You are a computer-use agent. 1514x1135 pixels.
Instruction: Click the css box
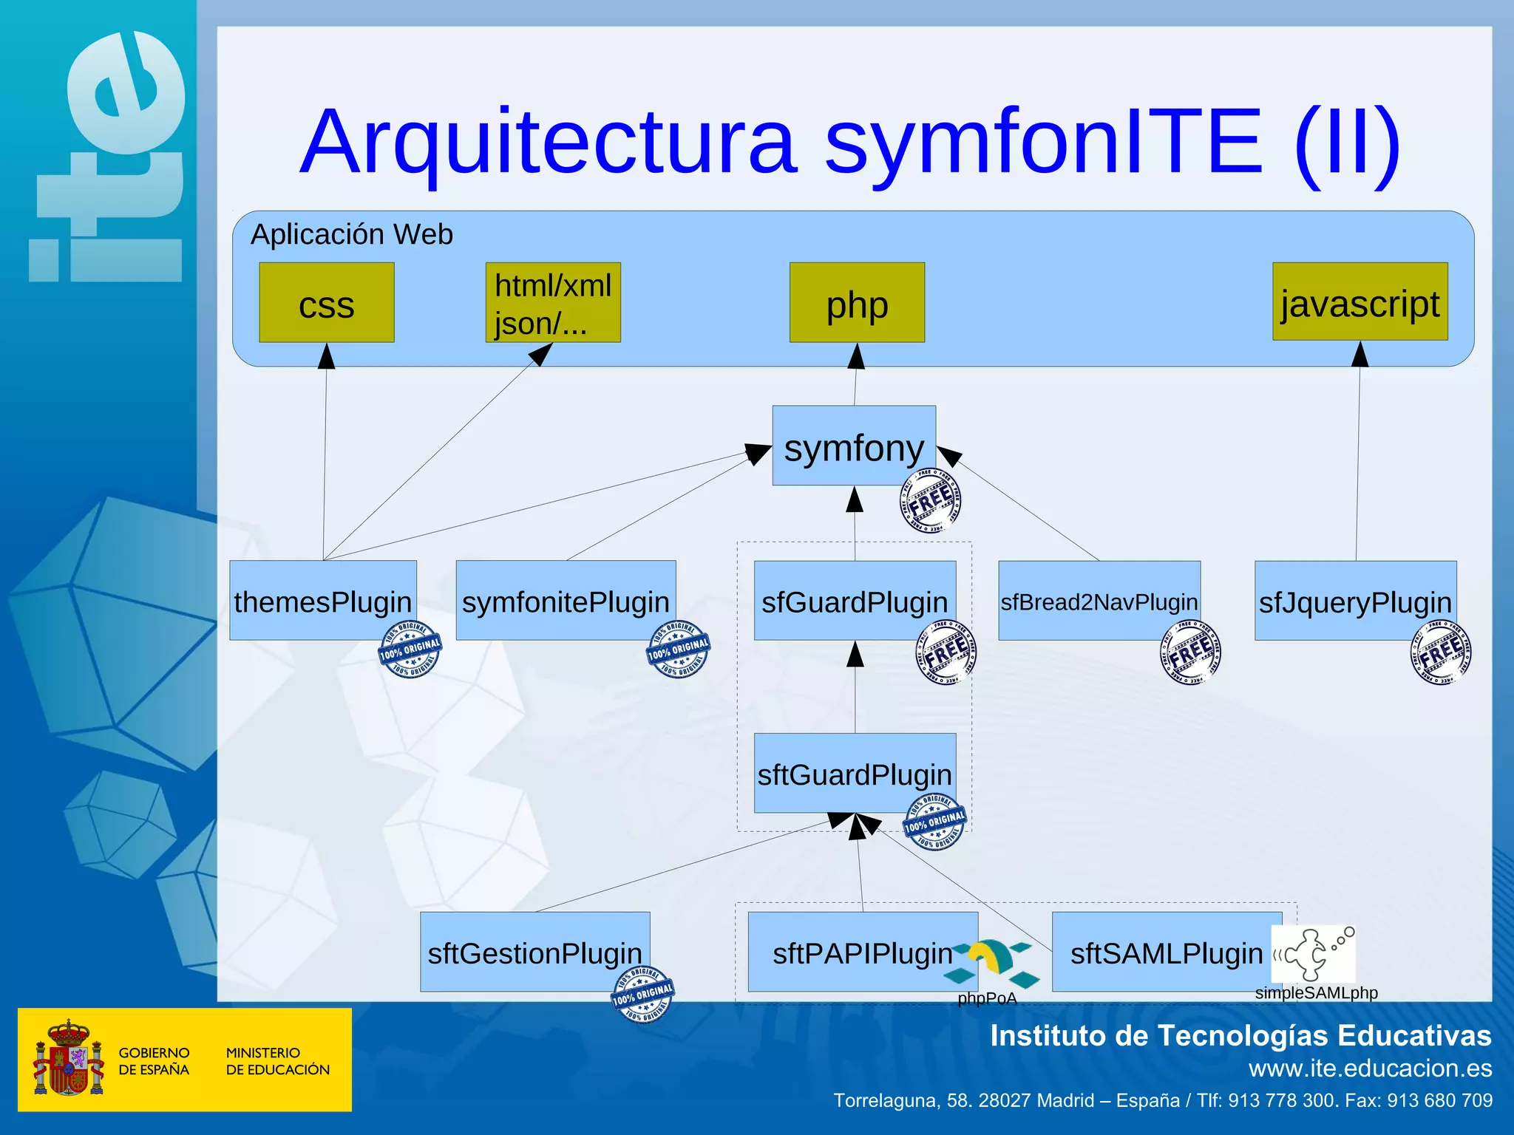(x=326, y=303)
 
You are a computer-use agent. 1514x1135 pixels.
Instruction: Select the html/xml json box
(x=552, y=303)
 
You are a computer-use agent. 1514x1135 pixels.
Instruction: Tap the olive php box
(x=856, y=303)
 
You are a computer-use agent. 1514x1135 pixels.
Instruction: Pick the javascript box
(x=1359, y=301)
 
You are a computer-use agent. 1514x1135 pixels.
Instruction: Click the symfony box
(x=853, y=446)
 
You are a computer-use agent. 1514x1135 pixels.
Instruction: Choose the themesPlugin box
(x=322, y=600)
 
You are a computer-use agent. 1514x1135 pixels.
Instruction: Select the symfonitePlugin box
(x=566, y=600)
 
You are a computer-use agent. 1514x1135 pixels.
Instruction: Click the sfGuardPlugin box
(x=854, y=601)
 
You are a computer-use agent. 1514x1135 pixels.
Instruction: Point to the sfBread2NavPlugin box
(x=1099, y=601)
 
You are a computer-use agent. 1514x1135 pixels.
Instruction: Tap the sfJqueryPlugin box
(x=1355, y=601)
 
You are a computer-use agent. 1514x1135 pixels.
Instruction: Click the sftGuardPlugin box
(x=854, y=773)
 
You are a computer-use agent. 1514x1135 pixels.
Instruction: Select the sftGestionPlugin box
(x=534, y=952)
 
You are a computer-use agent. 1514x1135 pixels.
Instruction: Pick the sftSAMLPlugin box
(x=1166, y=952)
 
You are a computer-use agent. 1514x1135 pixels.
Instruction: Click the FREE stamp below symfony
(x=930, y=501)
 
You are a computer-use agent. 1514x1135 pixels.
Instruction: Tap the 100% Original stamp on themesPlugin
(x=410, y=650)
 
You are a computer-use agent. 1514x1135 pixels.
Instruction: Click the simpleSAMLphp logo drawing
(x=1314, y=953)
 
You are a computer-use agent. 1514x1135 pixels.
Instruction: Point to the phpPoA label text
(x=987, y=998)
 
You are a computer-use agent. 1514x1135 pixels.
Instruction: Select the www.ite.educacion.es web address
(x=1370, y=1068)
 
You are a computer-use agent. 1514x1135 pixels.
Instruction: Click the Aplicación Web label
(x=351, y=235)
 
